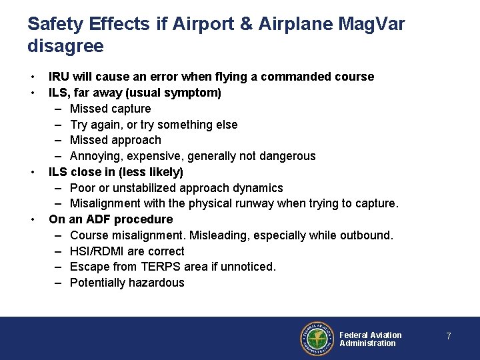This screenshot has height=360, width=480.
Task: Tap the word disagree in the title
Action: [x=65, y=47]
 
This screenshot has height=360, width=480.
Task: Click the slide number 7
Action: [x=449, y=337]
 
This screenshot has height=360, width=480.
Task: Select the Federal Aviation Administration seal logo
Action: [x=315, y=339]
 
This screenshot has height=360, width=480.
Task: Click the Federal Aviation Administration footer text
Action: [x=370, y=339]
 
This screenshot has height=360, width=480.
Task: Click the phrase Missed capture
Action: [x=110, y=109]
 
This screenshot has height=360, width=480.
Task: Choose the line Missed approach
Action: [x=115, y=140]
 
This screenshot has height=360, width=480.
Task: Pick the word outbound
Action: [x=367, y=235]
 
